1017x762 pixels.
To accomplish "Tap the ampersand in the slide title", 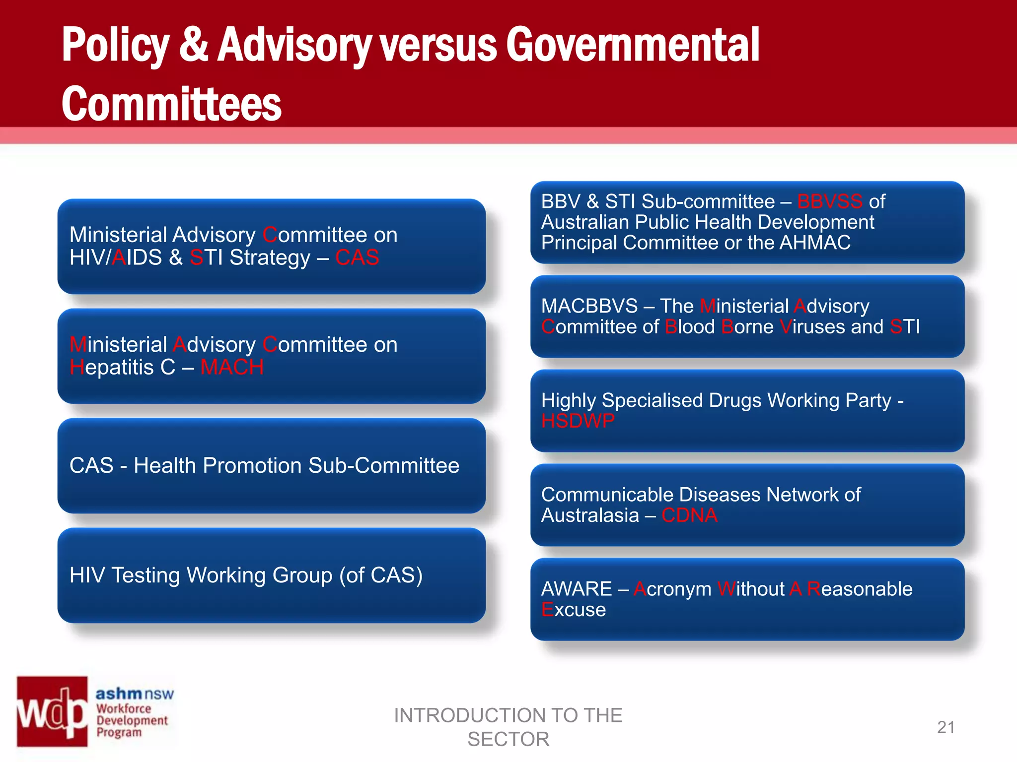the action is [x=194, y=45].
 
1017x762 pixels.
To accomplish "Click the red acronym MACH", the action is [x=232, y=367].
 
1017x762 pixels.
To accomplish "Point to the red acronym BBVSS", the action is [x=830, y=201].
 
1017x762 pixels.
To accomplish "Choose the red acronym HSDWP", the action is [x=578, y=421].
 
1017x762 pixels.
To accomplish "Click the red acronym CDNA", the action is [x=689, y=515].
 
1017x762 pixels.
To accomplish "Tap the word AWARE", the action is [x=577, y=589].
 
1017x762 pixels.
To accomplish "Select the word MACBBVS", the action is [x=589, y=306].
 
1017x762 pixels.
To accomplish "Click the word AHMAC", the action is [x=815, y=243].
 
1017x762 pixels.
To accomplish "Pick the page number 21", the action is [x=946, y=727].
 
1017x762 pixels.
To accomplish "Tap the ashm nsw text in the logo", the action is [x=135, y=694].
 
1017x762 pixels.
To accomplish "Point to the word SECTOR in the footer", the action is [x=508, y=739].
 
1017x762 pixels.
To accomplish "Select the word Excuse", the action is [x=574, y=610].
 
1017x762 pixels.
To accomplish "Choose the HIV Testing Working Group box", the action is [x=272, y=575].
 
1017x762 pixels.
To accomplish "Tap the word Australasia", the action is [x=590, y=515].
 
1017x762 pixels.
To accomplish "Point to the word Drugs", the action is [x=735, y=401].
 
